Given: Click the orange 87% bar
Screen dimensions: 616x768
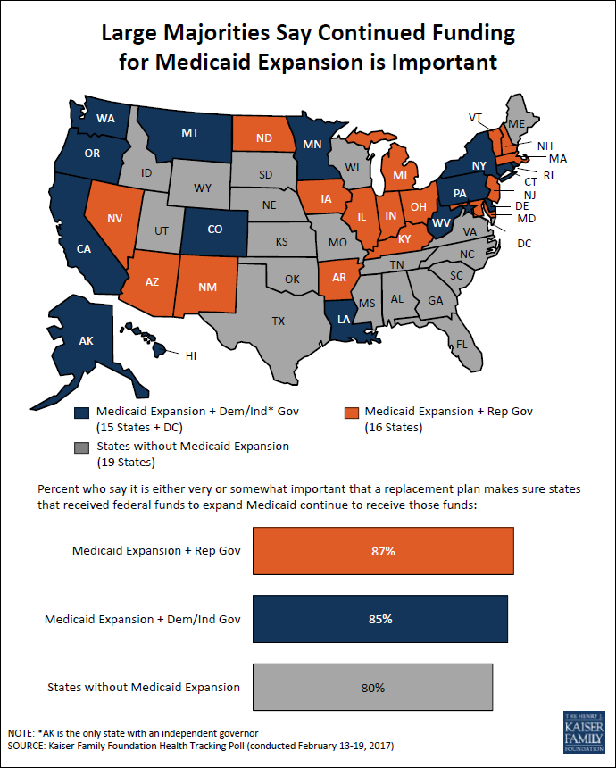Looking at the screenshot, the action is coord(383,550).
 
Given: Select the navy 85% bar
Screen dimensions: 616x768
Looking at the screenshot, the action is coord(380,619).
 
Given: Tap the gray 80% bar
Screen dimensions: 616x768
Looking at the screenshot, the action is coord(372,688).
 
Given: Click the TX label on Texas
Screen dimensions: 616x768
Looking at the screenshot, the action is coord(279,321).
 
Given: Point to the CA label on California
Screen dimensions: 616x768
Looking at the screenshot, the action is coord(84,249).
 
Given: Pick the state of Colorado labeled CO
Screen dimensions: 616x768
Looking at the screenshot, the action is coord(214,230).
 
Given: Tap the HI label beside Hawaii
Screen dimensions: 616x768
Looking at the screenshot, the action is coord(191,356).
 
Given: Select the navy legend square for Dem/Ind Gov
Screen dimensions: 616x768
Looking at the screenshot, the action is coord(82,413).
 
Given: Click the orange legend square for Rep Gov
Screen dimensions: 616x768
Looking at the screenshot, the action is coord(351,413).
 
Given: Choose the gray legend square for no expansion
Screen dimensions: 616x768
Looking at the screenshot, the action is coord(82,447).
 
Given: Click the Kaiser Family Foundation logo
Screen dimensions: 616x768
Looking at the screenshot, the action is coord(584,731).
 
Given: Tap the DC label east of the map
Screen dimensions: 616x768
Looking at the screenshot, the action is coord(524,244).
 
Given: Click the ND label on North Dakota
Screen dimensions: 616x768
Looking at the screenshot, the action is coord(264,138).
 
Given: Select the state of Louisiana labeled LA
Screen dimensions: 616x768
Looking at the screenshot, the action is coord(343,321).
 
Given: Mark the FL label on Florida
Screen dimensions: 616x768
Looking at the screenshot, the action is coord(462,345).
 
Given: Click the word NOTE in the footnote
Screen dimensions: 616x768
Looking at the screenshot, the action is coord(21,733).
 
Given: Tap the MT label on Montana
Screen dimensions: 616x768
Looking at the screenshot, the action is coord(190,133).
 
